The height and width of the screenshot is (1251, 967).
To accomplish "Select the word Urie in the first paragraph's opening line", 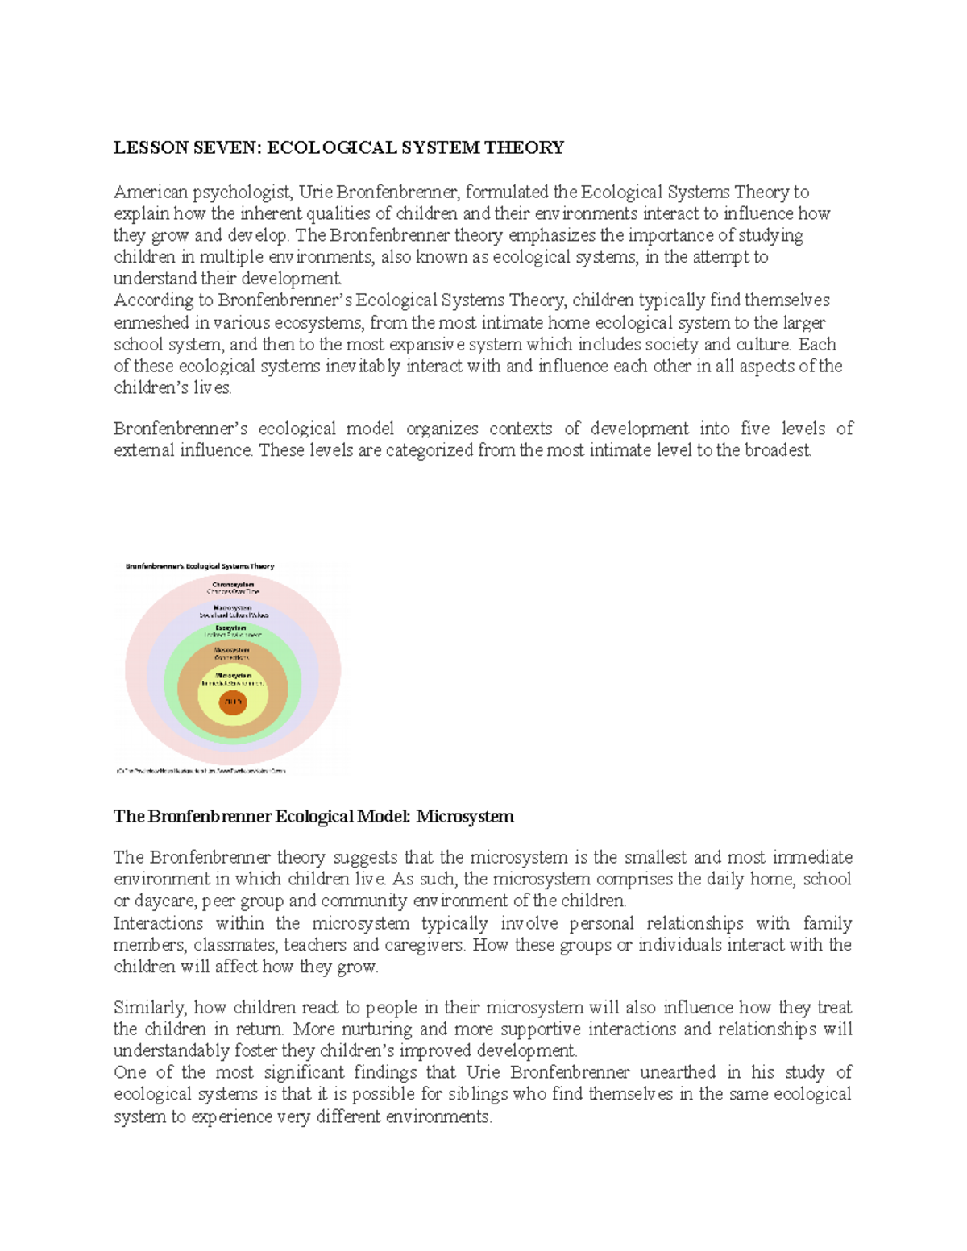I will (x=316, y=192).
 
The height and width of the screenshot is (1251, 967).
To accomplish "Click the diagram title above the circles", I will (x=200, y=566).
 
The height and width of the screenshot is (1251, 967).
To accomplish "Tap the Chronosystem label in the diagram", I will (x=233, y=585).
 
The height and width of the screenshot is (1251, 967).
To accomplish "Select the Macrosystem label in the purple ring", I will (x=233, y=607).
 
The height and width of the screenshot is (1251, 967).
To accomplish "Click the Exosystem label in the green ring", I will (x=231, y=628).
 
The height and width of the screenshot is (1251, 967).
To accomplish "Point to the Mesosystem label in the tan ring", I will (x=232, y=650).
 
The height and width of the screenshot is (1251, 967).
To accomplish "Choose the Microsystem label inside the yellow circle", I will (x=234, y=676).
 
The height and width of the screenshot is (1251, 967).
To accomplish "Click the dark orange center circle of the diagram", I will (x=233, y=702).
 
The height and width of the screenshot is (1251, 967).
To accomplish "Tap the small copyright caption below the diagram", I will (x=201, y=771).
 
